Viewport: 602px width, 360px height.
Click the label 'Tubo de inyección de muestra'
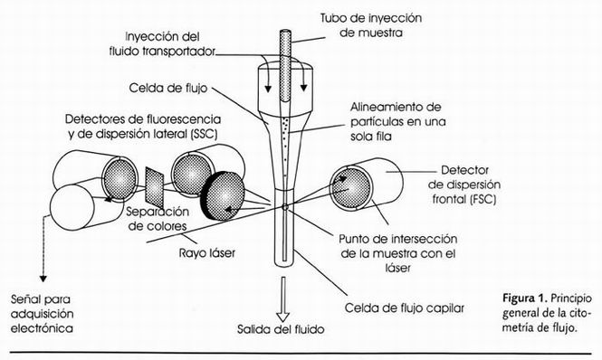[x=371, y=25]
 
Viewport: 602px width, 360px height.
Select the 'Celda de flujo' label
[x=168, y=88]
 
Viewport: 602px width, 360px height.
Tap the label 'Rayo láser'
[x=207, y=253]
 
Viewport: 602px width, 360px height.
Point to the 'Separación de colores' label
[x=158, y=219]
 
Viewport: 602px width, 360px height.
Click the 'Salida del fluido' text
[x=281, y=329]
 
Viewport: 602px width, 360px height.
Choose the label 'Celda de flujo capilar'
[x=405, y=308]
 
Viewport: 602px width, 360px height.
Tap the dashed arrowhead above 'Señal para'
[x=43, y=279]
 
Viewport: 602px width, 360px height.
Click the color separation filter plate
[x=155, y=184]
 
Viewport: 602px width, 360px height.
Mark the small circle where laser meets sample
[x=285, y=207]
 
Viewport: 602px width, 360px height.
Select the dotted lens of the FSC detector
[x=350, y=187]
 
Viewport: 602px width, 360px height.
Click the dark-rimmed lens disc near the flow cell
[x=223, y=195]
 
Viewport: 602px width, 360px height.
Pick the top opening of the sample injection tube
[x=285, y=33]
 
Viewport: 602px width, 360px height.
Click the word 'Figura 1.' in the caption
[x=525, y=298]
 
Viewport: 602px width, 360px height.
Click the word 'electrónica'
[x=42, y=328]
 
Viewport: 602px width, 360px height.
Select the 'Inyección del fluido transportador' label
[x=162, y=44]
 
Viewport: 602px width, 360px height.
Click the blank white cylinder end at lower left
[x=72, y=207]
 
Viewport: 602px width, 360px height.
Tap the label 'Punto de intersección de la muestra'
[x=398, y=246]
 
